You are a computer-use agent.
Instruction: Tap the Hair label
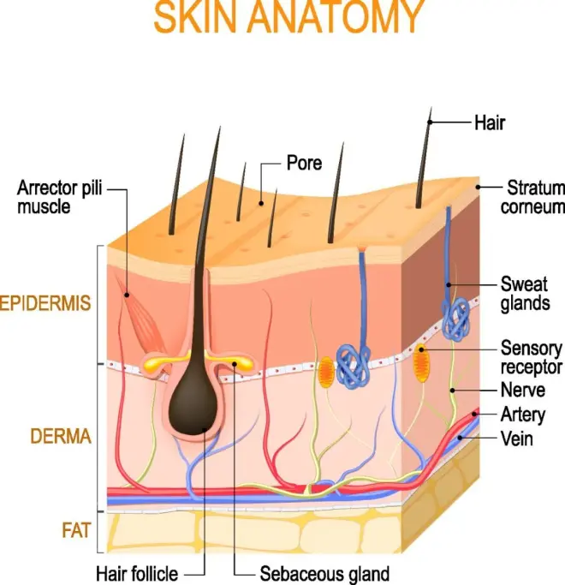pos(489,122)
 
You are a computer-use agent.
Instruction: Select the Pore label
pos(305,162)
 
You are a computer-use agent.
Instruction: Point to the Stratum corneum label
pos(535,196)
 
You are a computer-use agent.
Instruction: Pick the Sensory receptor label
pos(531,357)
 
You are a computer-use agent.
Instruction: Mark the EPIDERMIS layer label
pos(47,303)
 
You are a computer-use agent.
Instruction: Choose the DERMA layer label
pos(59,437)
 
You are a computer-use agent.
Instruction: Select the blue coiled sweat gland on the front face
pos(352,361)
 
